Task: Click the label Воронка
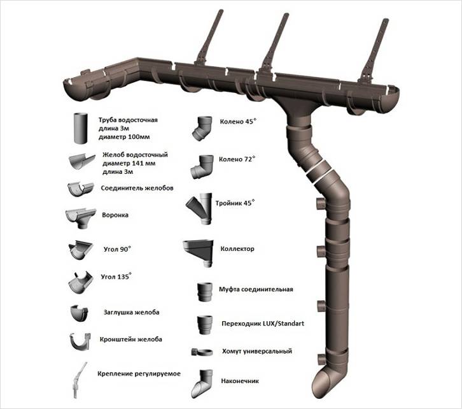click(115, 215)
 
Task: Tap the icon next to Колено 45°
click(204, 127)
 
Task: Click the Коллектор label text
click(237, 249)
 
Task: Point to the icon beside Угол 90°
click(81, 250)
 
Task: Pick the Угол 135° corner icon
click(80, 282)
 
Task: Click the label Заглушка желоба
click(130, 313)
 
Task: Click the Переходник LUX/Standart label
click(262, 324)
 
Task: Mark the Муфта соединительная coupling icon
click(204, 292)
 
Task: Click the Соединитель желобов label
click(137, 189)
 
